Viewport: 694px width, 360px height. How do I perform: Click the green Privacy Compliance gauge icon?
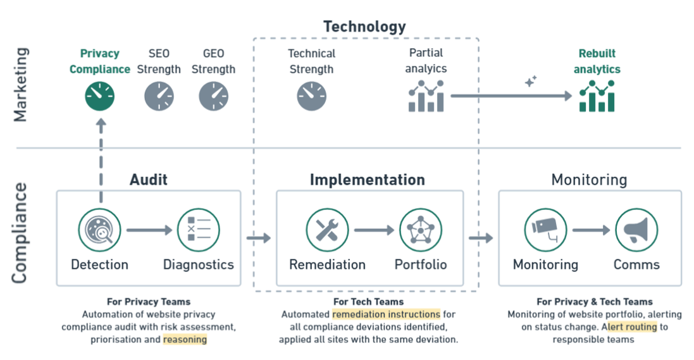tap(100, 97)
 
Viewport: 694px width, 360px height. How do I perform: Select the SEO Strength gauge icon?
tap(159, 97)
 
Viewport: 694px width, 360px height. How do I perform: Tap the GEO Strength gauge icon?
tap(214, 97)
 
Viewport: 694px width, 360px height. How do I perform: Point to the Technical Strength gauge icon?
tap(311, 97)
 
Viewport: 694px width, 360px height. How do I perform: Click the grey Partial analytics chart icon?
tap(426, 96)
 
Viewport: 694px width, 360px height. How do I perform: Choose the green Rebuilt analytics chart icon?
tap(597, 96)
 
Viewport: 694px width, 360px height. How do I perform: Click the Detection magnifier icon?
tap(100, 230)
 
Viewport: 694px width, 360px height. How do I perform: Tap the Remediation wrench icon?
tap(327, 230)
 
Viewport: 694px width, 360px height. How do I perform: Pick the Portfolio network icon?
tap(420, 230)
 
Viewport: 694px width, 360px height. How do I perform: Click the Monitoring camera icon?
tap(545, 230)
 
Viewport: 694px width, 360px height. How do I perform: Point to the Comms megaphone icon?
tap(636, 230)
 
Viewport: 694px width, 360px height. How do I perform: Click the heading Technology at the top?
tap(364, 27)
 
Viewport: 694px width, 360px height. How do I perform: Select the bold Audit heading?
tap(149, 180)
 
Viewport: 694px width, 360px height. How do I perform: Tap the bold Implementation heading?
tap(367, 180)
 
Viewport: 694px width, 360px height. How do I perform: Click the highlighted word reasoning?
tap(185, 340)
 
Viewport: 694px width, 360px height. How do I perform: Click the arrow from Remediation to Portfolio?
tap(374, 230)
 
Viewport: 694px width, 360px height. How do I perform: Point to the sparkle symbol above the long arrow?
tap(530, 81)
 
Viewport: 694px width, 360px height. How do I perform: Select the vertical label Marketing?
tap(22, 84)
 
